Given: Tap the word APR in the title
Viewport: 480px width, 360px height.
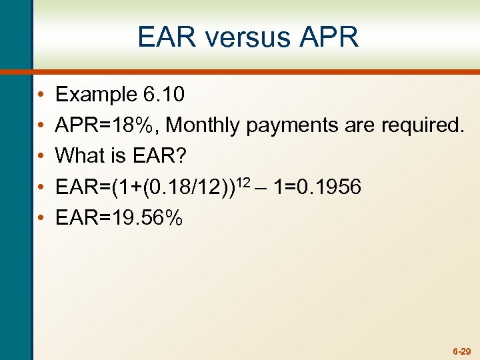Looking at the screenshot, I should tap(329, 37).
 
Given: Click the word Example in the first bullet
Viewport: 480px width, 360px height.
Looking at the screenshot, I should tap(96, 95).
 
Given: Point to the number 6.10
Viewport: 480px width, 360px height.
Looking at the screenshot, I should tap(164, 95).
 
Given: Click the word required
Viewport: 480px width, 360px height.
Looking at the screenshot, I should tap(422, 125).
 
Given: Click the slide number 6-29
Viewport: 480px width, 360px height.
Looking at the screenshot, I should tap(461, 351).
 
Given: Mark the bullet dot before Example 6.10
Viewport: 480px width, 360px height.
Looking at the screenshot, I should tap(41, 95).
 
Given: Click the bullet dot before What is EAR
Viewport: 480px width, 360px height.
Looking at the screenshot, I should tap(41, 157).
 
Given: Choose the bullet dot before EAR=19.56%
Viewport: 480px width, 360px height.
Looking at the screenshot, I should tap(41, 219).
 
